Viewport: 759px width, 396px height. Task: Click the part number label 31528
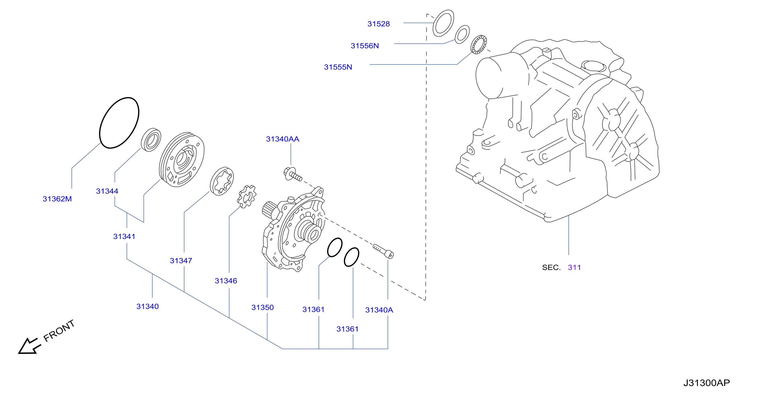[378, 24]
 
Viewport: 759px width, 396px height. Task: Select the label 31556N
[364, 46]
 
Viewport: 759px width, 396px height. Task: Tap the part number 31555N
[338, 67]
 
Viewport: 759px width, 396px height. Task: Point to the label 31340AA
[283, 139]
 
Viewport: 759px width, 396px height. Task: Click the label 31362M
[57, 199]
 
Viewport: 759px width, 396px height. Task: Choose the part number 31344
[107, 191]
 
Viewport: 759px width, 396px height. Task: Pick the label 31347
[181, 261]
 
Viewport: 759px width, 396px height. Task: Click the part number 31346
[226, 281]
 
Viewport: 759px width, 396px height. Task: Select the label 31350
[263, 308]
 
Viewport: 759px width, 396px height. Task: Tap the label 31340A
[379, 310]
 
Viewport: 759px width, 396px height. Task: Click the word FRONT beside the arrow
[59, 331]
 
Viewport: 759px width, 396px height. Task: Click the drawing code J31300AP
[706, 383]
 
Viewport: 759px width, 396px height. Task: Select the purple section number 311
[574, 268]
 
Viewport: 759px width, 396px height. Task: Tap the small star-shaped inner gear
[247, 196]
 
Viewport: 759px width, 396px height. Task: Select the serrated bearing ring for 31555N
[479, 45]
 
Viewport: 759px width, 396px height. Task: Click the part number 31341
[124, 237]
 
